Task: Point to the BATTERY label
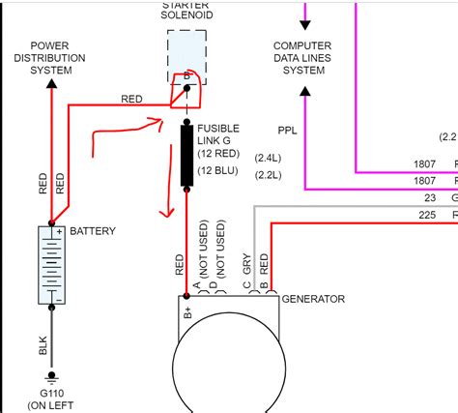click(93, 231)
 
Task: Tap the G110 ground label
click(50, 395)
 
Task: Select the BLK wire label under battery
click(43, 343)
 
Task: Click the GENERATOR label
click(313, 300)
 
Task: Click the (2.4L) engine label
click(267, 158)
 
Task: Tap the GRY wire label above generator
click(247, 267)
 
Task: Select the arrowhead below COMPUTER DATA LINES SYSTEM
click(305, 92)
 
